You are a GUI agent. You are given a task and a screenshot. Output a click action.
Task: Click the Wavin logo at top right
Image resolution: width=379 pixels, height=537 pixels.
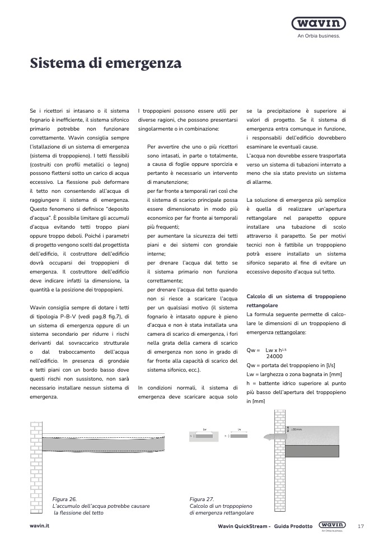[319, 24]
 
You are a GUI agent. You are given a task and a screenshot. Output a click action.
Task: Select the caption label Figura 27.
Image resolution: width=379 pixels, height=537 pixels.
[202, 499]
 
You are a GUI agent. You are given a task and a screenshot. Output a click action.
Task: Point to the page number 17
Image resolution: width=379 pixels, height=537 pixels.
[361, 526]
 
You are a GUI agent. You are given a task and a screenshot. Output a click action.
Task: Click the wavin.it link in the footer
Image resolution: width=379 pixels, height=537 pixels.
[40, 526]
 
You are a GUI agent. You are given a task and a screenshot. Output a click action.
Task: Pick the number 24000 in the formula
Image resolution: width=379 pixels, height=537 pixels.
[274, 356]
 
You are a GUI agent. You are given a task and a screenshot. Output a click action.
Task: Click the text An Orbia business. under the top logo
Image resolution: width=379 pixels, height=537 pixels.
[319, 35]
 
